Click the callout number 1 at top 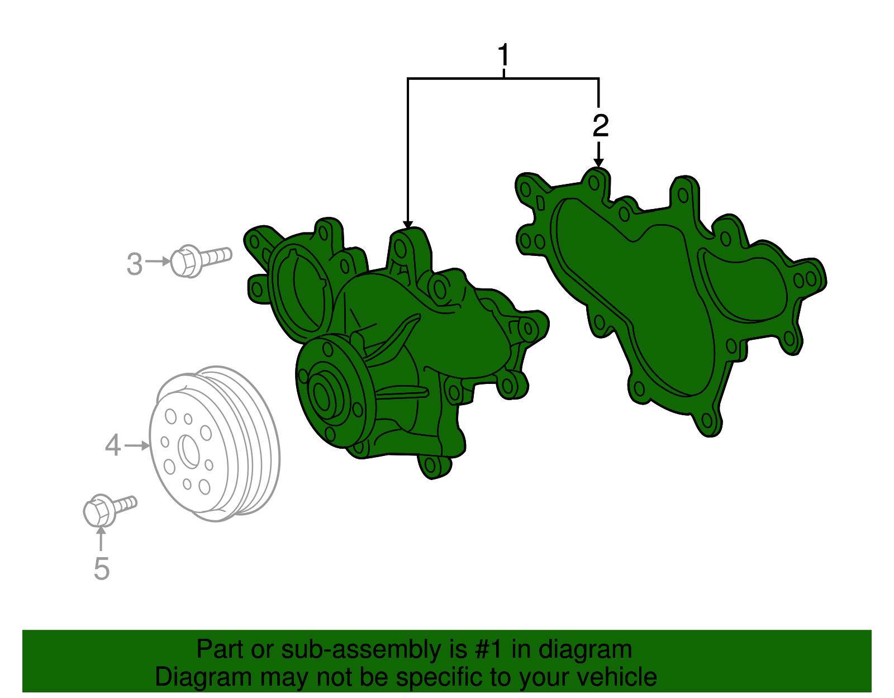tap(504, 55)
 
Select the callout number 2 tap(600, 126)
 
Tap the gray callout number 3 tap(135, 264)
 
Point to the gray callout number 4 tap(113, 445)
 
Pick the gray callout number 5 tap(101, 568)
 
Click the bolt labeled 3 tap(199, 260)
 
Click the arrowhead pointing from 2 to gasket tap(598, 163)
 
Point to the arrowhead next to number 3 tap(166, 261)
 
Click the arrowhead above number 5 tap(101, 530)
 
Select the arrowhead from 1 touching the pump tap(408, 224)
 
